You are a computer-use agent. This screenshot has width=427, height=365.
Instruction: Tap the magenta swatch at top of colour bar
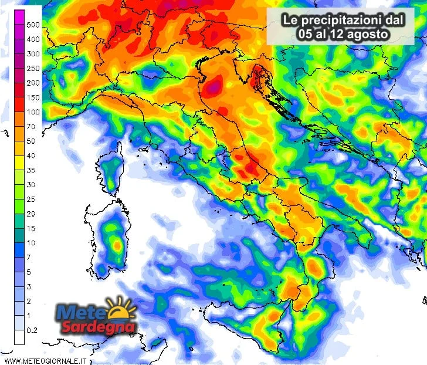19,18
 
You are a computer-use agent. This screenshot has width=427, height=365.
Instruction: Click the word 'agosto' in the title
370,34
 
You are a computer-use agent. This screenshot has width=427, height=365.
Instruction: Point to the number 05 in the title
305,34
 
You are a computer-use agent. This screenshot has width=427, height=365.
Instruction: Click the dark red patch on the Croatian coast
258,76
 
